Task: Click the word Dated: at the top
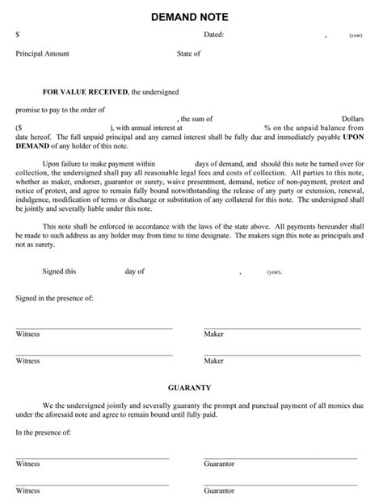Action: coord(213,36)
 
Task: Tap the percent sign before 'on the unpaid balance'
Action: coord(267,128)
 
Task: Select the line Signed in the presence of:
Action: coord(54,298)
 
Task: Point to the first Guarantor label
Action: coord(219,464)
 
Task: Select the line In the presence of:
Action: coord(44,432)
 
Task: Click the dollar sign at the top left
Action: coord(18,36)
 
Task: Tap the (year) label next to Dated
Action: coord(356,36)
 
